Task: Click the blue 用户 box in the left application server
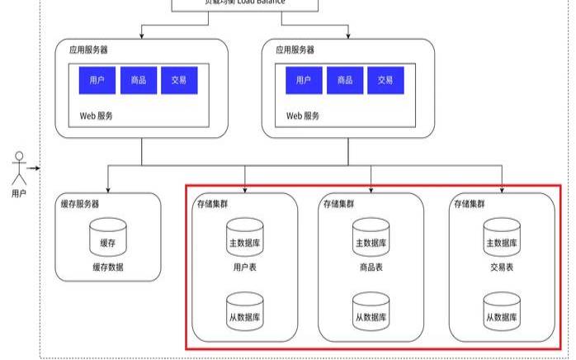point(97,80)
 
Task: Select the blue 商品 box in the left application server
point(138,80)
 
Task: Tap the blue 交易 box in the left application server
point(179,80)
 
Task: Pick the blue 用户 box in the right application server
point(304,80)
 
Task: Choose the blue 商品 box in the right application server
point(345,80)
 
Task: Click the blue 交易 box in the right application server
point(386,80)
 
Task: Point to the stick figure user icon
point(19,169)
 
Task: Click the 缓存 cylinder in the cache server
point(108,239)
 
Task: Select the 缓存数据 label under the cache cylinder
point(108,268)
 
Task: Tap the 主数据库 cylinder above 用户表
point(245,239)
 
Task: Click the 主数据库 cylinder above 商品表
point(371,239)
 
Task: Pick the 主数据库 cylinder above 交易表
point(503,239)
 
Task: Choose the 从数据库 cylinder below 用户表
point(245,312)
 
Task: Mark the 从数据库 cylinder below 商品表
point(371,312)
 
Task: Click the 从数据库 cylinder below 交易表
point(503,312)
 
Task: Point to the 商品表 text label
point(371,268)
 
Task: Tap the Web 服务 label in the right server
point(303,116)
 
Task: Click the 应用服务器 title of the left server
point(87,50)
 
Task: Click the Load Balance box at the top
point(245,4)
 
